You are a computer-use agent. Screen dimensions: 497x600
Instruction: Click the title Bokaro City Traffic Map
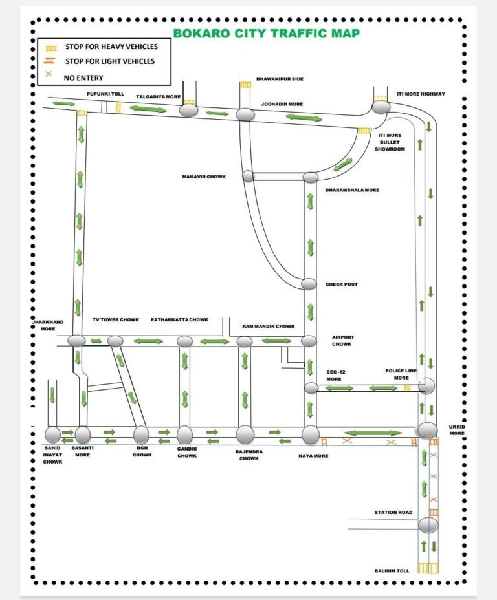tap(267, 33)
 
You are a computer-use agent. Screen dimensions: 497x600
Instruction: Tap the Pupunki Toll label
tap(105, 94)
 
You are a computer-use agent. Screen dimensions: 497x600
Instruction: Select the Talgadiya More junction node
tap(189, 111)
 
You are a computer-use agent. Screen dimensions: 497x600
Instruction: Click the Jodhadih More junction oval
tap(245, 114)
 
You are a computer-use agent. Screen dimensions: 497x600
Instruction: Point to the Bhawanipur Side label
tap(280, 79)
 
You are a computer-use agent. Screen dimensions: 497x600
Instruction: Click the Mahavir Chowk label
tap(204, 177)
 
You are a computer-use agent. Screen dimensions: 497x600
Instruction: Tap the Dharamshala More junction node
tap(311, 178)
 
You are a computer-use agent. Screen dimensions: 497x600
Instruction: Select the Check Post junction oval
tap(309, 284)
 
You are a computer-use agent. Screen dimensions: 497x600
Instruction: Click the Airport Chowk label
tap(343, 341)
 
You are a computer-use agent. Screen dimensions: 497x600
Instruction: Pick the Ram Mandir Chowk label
tap(269, 327)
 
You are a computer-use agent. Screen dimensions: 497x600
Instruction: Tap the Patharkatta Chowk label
tap(179, 319)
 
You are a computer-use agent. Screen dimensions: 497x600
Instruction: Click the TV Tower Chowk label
tap(116, 319)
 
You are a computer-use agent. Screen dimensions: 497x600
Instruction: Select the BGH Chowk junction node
tap(141, 434)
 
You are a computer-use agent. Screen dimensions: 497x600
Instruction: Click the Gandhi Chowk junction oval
tap(184, 434)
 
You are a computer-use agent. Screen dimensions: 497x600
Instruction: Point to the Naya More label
tap(313, 456)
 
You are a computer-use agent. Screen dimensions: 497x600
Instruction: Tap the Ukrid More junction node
tap(427, 430)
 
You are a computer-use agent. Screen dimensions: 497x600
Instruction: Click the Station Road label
tap(393, 512)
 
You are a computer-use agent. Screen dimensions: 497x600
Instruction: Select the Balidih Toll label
tap(392, 570)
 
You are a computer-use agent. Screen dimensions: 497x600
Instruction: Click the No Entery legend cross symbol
tap(49, 74)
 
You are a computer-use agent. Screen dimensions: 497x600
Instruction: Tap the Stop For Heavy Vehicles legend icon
tap(51, 48)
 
